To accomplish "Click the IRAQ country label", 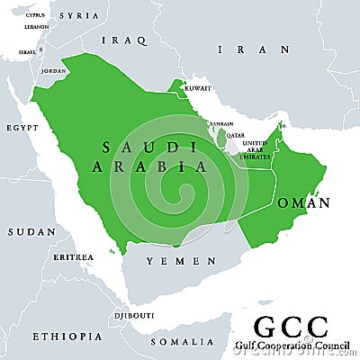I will click(124, 40).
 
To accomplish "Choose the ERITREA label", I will click(72, 257).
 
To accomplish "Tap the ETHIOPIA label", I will click(67, 336).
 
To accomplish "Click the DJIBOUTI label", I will click(131, 316).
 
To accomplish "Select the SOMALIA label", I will click(188, 341).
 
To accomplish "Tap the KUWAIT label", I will click(197, 88).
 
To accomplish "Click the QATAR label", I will click(234, 135).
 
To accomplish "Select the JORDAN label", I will click(54, 70).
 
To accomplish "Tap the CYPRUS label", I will click(35, 15).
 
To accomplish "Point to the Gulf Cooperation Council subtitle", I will click(290, 346).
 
